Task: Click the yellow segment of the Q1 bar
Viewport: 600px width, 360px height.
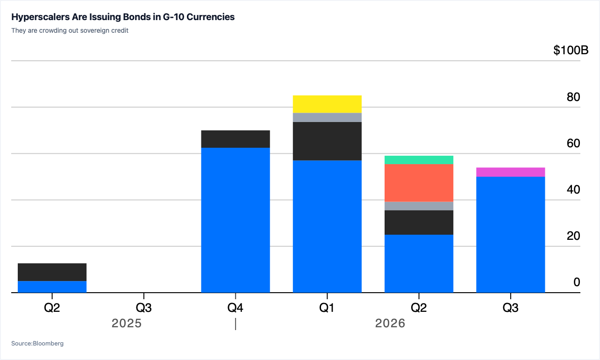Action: point(327,104)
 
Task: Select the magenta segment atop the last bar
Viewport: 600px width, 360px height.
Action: point(511,172)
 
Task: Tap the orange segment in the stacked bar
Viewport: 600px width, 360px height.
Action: point(419,183)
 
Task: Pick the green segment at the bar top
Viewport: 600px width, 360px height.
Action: point(419,160)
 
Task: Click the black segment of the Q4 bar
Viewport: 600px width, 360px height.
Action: point(236,139)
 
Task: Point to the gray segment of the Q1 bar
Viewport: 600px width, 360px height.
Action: point(327,118)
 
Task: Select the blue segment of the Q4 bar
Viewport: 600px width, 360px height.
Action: point(236,220)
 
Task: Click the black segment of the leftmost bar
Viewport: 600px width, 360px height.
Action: point(52,272)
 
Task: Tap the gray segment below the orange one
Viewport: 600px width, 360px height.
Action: point(419,206)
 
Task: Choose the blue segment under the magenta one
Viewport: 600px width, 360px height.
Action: point(511,235)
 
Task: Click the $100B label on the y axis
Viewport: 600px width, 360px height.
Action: point(571,50)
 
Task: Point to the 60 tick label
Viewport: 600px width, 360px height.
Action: point(573,144)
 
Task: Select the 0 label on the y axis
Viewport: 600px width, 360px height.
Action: point(577,282)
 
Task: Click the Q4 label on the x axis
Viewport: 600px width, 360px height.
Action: point(235,308)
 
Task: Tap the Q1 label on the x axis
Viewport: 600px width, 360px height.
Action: point(327,308)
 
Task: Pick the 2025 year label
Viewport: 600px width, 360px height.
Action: point(127,323)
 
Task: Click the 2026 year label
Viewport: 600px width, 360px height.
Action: point(390,323)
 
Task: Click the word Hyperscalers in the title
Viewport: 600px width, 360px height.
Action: point(40,17)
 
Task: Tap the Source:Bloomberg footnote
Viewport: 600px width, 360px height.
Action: point(37,343)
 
